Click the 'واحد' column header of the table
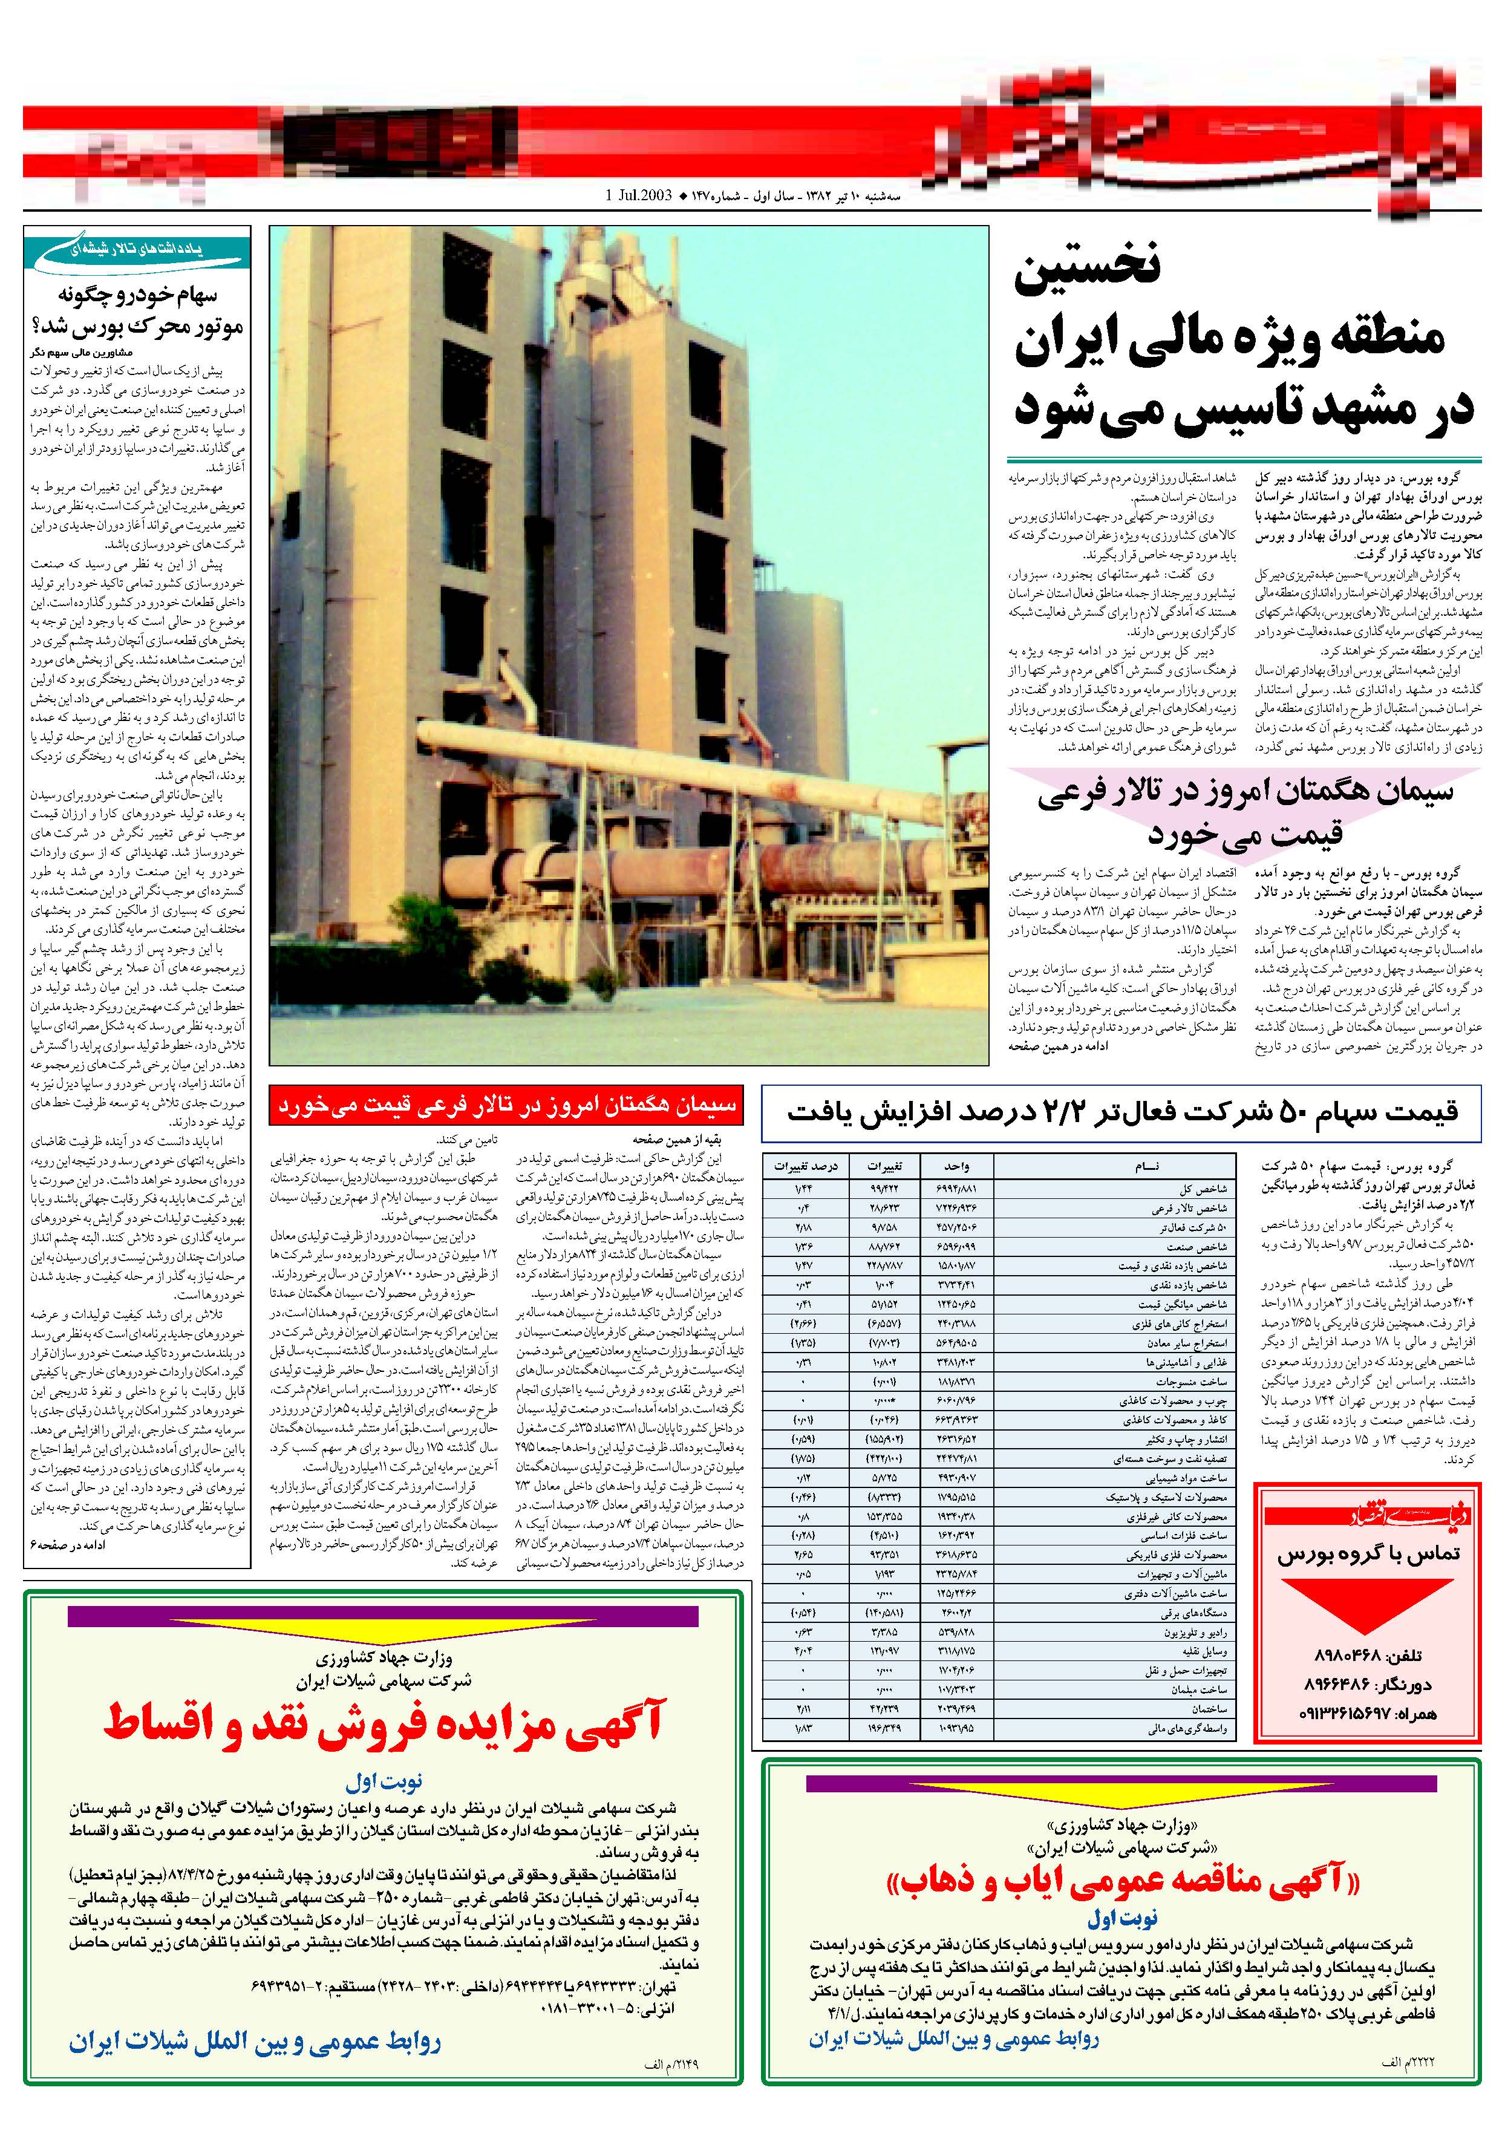(956, 1166)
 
